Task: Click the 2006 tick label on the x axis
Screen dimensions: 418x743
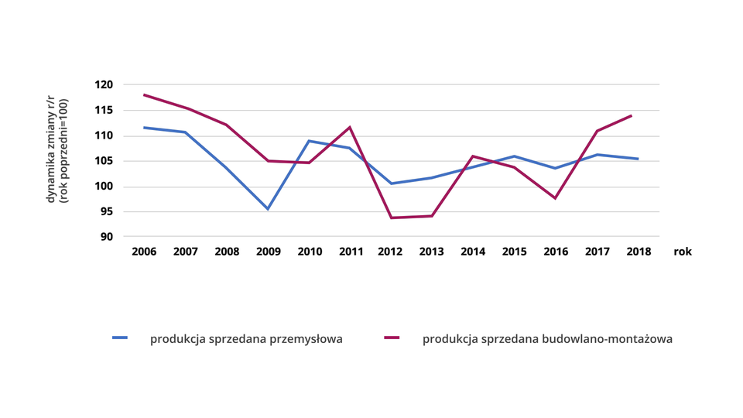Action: (144, 252)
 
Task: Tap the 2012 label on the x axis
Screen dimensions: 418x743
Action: (391, 252)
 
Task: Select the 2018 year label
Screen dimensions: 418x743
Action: (639, 252)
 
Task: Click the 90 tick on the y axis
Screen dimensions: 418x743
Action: (108, 237)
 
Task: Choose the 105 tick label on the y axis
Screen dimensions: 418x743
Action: (104, 161)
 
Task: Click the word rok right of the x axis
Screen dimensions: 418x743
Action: (682, 252)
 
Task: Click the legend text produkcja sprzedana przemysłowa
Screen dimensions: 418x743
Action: (246, 339)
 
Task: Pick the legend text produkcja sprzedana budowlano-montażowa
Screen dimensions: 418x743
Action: (547, 339)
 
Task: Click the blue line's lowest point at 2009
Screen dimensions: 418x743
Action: (268, 209)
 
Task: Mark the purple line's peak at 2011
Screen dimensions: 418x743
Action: (350, 127)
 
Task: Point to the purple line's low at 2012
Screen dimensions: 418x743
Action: (391, 218)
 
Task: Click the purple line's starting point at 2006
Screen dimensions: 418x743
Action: (144, 94)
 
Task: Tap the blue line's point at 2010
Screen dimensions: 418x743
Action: (309, 141)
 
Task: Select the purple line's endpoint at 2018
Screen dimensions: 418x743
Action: (632, 115)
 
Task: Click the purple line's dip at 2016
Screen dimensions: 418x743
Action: (556, 198)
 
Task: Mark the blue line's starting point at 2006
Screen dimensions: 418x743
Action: (144, 128)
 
